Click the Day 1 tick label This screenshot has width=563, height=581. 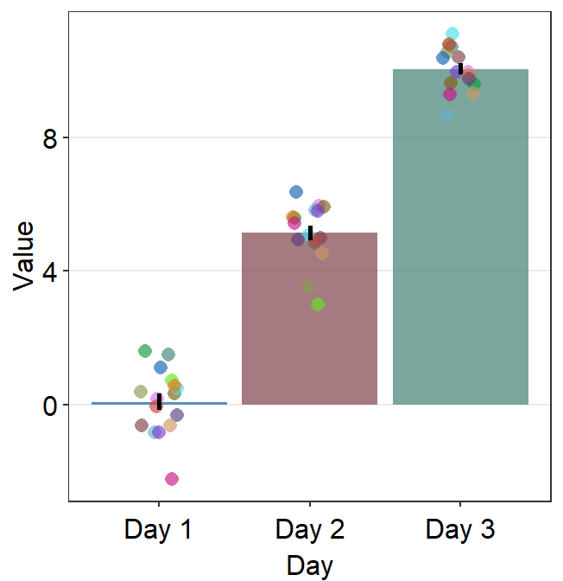(x=159, y=529)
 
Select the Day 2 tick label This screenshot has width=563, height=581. (x=310, y=529)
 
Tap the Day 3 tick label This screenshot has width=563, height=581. (x=460, y=529)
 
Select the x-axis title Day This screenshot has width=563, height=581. (x=310, y=566)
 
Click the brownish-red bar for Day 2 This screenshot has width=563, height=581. (x=310, y=346)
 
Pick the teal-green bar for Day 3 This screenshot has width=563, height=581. (x=460, y=259)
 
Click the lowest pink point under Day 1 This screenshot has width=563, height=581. (x=172, y=479)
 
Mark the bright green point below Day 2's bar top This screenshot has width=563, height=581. (x=318, y=304)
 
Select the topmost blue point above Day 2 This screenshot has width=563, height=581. (x=296, y=192)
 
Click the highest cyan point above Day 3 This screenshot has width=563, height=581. (x=452, y=35)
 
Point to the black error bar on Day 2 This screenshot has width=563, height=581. (x=310, y=233)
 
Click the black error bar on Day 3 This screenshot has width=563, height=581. (x=461, y=68)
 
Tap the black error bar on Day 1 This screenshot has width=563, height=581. (x=159, y=401)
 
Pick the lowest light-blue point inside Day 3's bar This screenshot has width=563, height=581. (x=446, y=116)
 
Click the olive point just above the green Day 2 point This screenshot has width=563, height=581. (x=308, y=287)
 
